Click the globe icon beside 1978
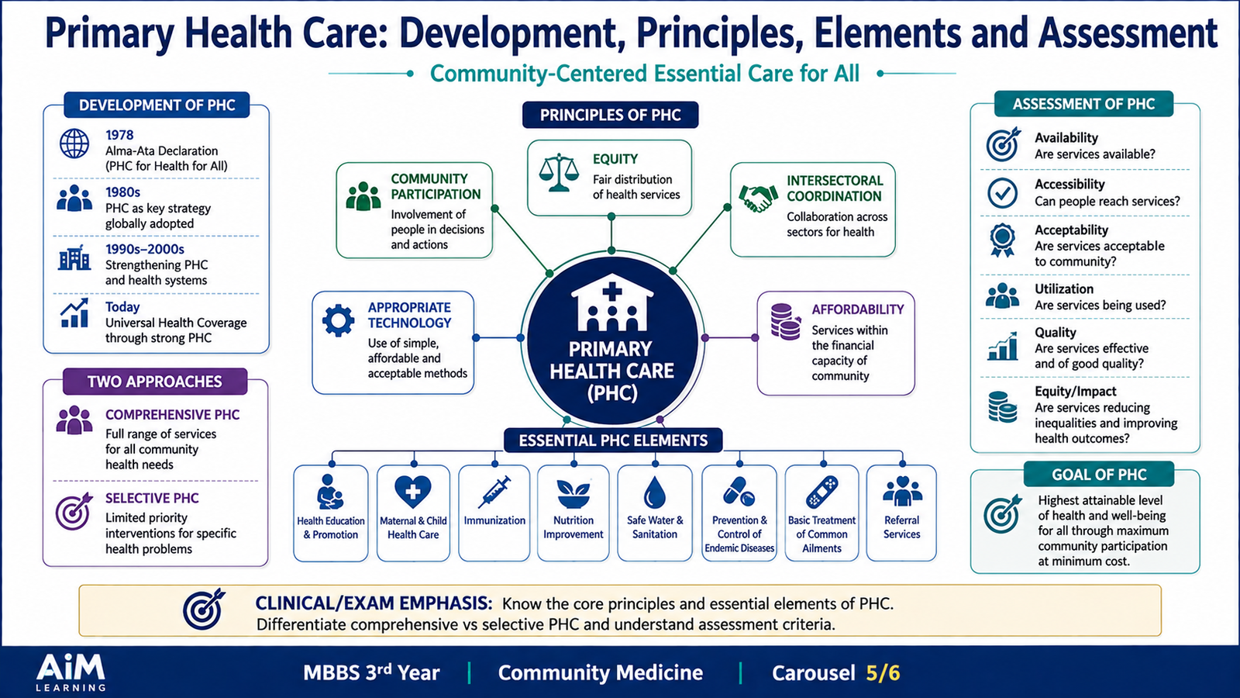(x=74, y=143)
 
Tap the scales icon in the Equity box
(x=559, y=172)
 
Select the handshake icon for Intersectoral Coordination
(x=758, y=198)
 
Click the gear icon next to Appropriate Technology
(x=338, y=320)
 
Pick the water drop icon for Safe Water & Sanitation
(x=654, y=492)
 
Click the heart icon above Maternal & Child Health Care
(x=412, y=492)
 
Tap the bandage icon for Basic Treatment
(x=821, y=492)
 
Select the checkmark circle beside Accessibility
(x=1002, y=193)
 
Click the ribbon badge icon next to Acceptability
(x=1002, y=240)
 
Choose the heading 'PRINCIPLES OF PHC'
(x=610, y=116)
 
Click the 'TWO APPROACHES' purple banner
(x=155, y=382)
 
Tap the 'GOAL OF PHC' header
(x=1099, y=475)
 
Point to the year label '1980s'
(x=123, y=192)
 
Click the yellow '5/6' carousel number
(x=883, y=673)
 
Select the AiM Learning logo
(x=71, y=672)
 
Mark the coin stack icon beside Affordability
(x=786, y=322)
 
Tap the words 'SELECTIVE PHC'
(x=152, y=498)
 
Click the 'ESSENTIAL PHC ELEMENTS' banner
(x=613, y=441)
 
